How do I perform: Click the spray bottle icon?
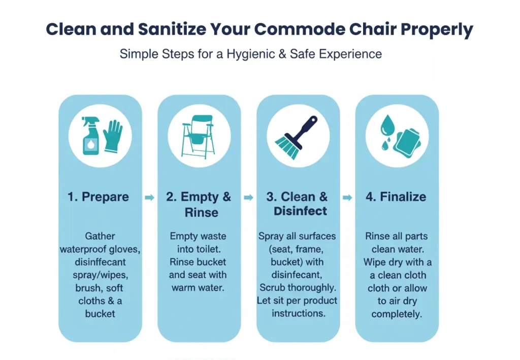[91, 136]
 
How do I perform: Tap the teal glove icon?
[112, 136]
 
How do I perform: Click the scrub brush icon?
[298, 135]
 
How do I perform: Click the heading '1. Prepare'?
[98, 197]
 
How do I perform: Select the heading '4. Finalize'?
[396, 197]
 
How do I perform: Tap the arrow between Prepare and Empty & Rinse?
[149, 198]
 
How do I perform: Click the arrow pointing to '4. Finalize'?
[347, 198]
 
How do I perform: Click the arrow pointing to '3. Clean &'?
[248, 198]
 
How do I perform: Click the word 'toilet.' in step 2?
[210, 249]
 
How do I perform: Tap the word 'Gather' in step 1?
[100, 236]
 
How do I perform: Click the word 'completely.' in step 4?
[397, 314]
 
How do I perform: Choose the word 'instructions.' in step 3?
[298, 313]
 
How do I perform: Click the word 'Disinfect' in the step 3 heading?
[301, 211]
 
